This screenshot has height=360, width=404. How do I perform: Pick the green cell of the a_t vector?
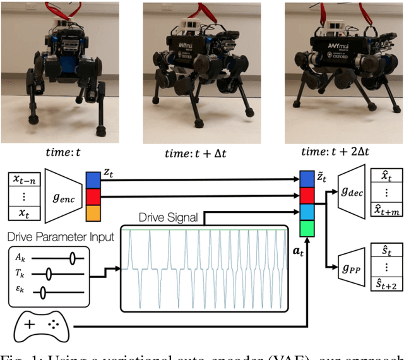pyautogui.click(x=306, y=225)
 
